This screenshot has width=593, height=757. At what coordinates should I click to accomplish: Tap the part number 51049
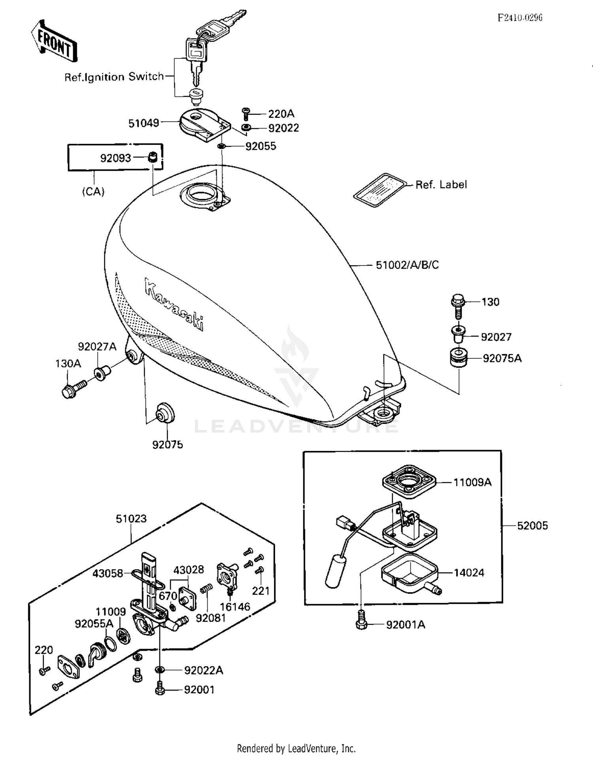coord(144,123)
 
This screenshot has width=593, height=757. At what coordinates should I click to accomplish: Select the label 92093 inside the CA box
coord(115,158)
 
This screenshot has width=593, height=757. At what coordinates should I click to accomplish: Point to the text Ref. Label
coord(441,185)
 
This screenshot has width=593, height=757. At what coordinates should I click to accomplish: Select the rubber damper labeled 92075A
coord(459,358)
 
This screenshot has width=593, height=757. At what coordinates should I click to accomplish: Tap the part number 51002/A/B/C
coord(407,265)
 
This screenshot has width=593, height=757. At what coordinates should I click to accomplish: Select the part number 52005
coord(532,525)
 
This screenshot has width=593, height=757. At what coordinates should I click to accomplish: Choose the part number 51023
coord(131,518)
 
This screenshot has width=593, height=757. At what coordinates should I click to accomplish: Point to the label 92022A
coord(203,670)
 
